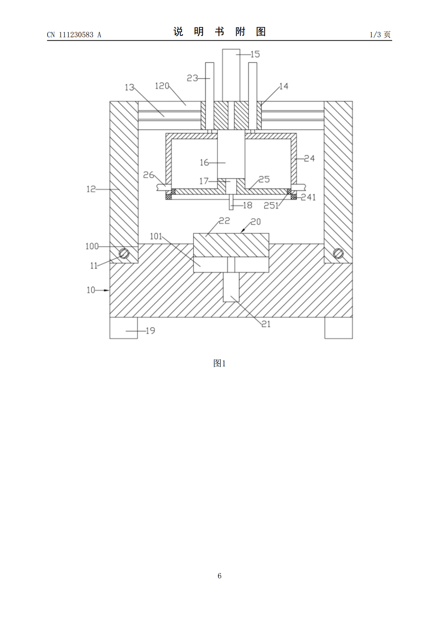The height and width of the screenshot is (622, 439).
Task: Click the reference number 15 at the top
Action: pos(255,54)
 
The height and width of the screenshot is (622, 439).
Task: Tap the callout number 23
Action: pos(192,78)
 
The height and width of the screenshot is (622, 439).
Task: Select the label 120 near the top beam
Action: pos(162,86)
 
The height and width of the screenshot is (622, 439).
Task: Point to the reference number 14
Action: pos(284,86)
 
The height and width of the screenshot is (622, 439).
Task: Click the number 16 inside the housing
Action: pos(204,163)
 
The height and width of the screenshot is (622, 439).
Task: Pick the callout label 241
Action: pos(308,197)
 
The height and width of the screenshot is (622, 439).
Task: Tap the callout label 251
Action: pos(271,206)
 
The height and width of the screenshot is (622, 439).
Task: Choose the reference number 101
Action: pos(156,236)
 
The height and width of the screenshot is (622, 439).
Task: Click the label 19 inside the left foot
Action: pos(150,331)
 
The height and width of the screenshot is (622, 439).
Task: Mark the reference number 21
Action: pos(266,324)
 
